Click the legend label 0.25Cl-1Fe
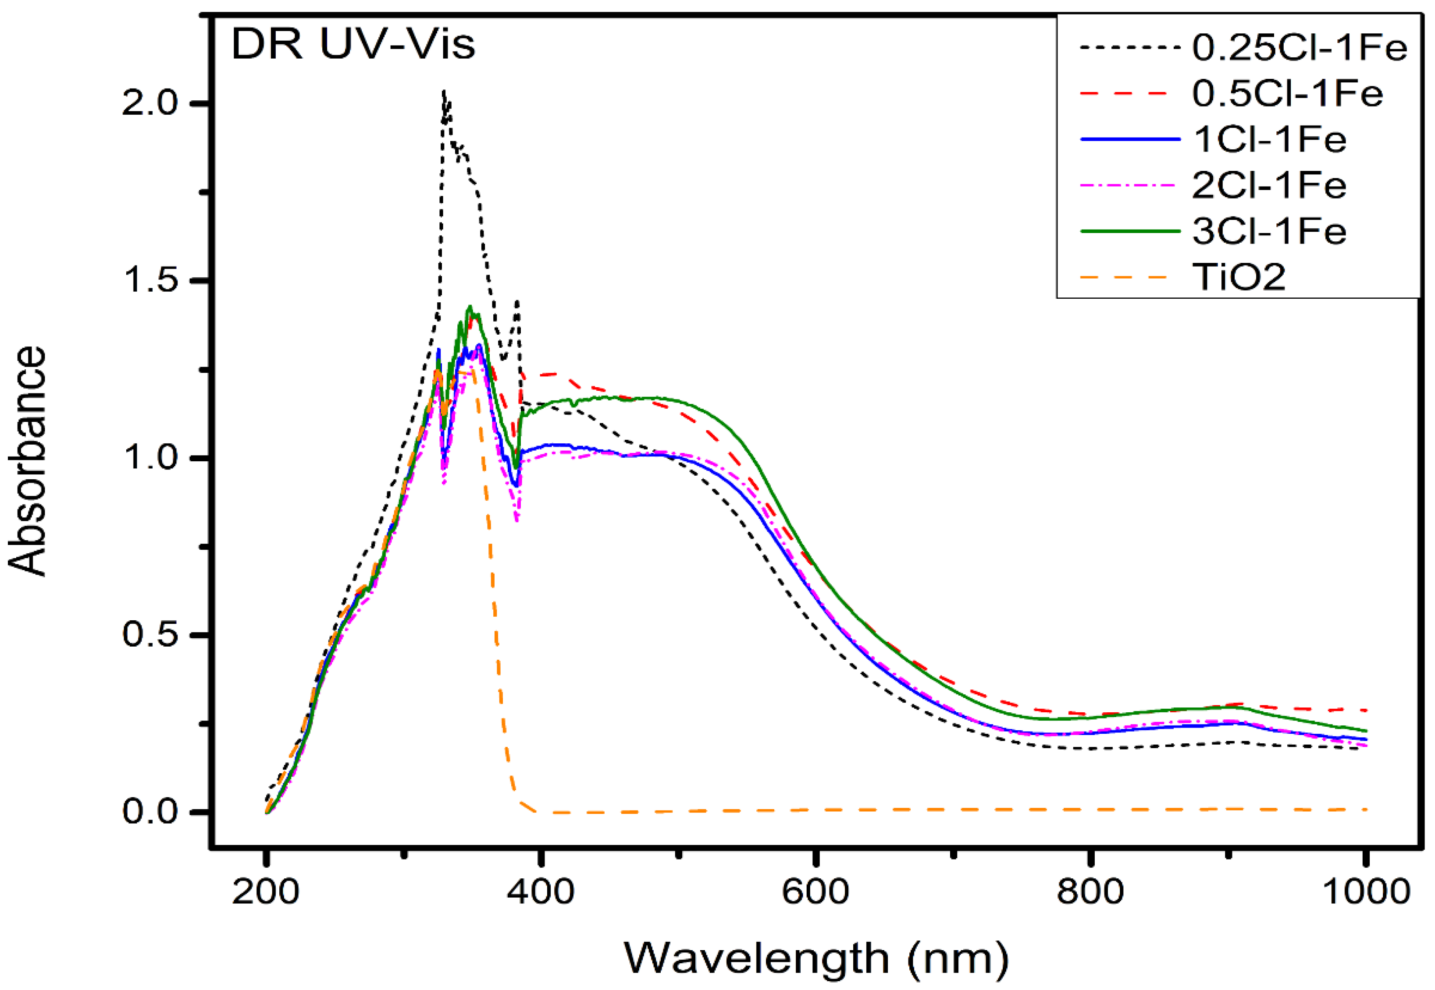pyautogui.click(x=1300, y=47)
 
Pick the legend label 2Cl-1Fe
pyautogui.click(x=1270, y=185)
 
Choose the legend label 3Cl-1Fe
pyautogui.click(x=1270, y=231)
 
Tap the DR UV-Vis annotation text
pyautogui.click(x=353, y=45)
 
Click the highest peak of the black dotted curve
pyautogui.click(x=443, y=92)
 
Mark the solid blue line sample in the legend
pyautogui.click(x=1129, y=140)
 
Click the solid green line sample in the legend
pyautogui.click(x=1129, y=231)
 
